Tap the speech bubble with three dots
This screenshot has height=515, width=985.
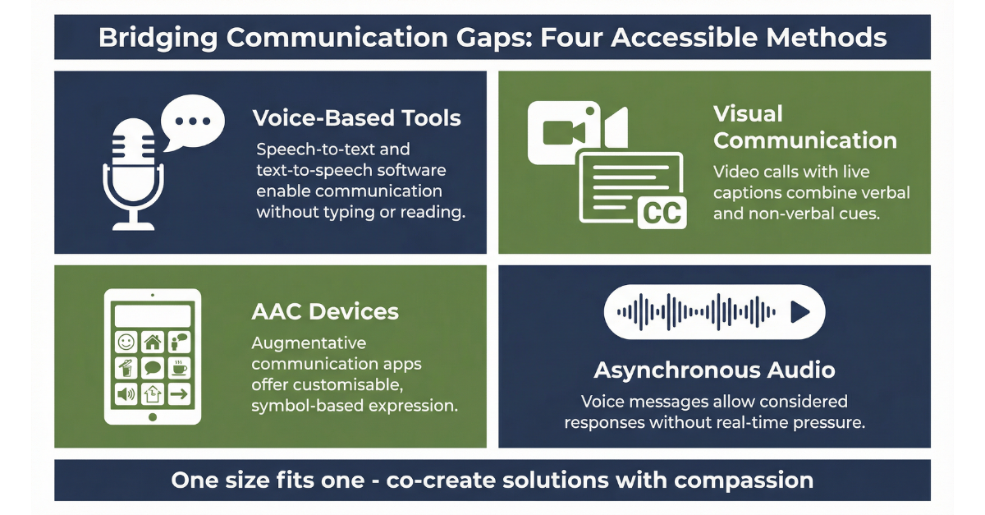click(x=192, y=121)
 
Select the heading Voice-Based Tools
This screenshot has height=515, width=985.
click(x=356, y=118)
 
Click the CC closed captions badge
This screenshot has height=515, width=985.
click(x=662, y=213)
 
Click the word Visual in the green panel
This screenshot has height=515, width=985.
click(x=748, y=113)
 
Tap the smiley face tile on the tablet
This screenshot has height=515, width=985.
click(x=126, y=341)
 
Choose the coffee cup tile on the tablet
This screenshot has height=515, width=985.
click(x=178, y=366)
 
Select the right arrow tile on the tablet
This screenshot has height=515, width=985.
click(x=178, y=394)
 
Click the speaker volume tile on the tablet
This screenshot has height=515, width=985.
click(x=126, y=394)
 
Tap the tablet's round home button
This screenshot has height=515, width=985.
click(x=153, y=417)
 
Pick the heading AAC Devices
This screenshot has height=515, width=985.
click(x=325, y=312)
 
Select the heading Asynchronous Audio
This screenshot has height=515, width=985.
click(x=714, y=370)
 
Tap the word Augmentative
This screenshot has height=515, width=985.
click(x=309, y=343)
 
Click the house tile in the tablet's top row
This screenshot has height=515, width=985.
click(x=153, y=341)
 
